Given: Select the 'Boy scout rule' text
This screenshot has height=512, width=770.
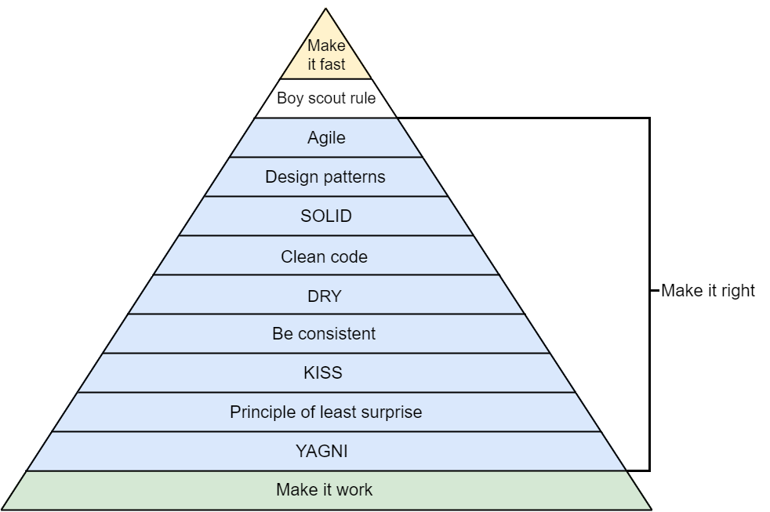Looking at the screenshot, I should click(326, 99).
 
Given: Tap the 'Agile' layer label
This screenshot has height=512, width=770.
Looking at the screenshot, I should click(326, 138).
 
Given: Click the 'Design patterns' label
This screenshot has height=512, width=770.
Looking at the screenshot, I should click(325, 177).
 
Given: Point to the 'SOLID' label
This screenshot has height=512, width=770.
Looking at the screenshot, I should click(326, 216).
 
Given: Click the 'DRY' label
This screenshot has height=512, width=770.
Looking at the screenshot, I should click(325, 296).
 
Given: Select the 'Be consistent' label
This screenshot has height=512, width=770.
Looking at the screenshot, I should click(324, 334).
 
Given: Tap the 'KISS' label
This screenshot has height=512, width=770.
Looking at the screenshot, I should click(322, 373).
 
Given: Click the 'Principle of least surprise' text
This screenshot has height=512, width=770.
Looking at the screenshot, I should click(325, 412).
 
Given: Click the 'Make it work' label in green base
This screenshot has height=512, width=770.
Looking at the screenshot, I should click(324, 491).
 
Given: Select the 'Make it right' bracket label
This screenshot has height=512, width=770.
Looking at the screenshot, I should click(708, 291).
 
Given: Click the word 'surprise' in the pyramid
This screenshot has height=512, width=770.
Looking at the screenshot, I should click(392, 412).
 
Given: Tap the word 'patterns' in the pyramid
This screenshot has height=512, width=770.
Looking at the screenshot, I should click(357, 177).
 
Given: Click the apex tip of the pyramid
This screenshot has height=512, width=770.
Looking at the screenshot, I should click(326, 9).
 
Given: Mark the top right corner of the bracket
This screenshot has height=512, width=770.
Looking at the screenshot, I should click(649, 118).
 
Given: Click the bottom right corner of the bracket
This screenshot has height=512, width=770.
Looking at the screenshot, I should click(649, 470).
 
